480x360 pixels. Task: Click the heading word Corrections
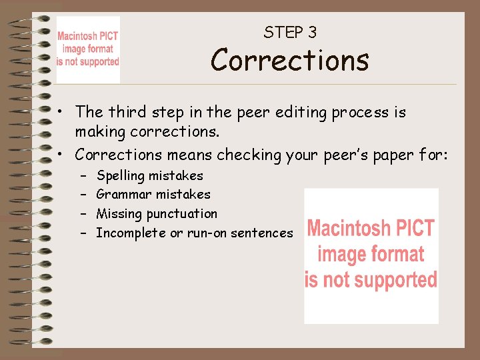pyautogui.click(x=289, y=60)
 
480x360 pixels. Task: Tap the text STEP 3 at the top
pyautogui.click(x=290, y=32)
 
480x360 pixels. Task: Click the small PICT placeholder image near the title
pyautogui.click(x=88, y=49)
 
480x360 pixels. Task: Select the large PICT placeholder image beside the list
pyautogui.click(x=371, y=255)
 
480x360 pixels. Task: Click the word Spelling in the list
pyautogui.click(x=120, y=176)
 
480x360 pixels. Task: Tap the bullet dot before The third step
pyautogui.click(x=61, y=112)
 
